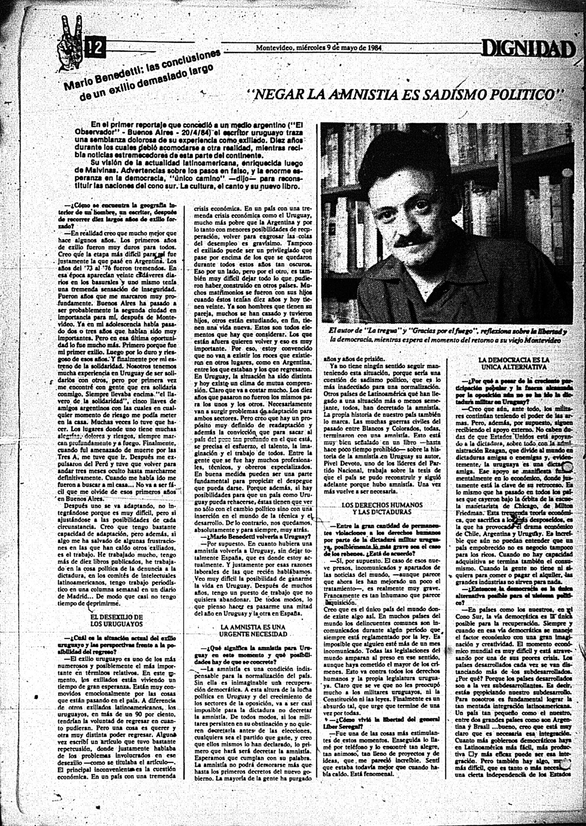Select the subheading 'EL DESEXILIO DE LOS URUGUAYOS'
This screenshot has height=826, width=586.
click(116, 620)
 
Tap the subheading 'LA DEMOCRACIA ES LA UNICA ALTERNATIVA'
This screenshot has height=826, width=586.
click(514, 363)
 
